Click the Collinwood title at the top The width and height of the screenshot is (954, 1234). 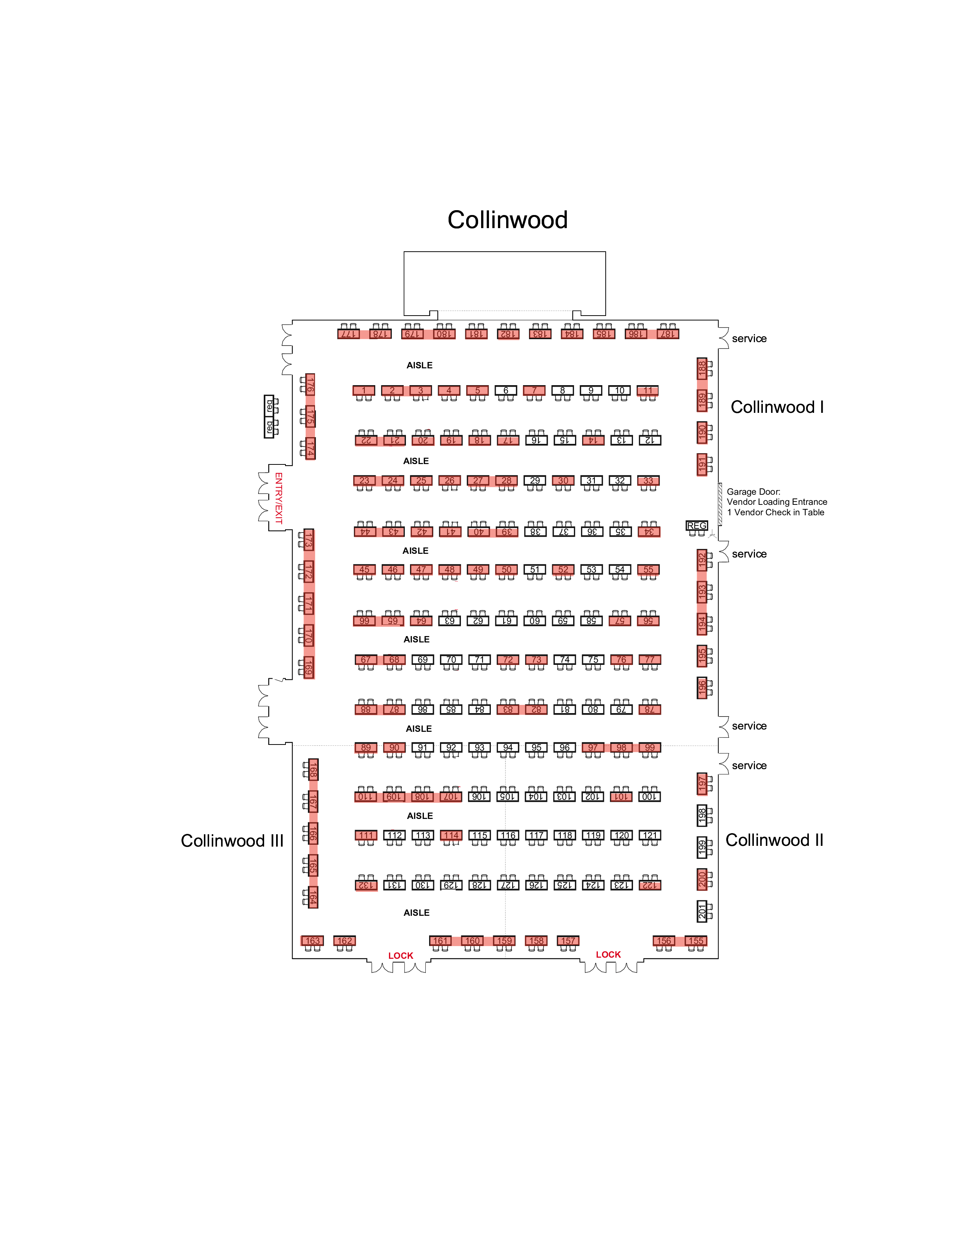[x=507, y=220]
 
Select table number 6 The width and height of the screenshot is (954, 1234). [x=505, y=390]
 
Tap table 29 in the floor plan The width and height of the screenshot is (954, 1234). [x=534, y=481]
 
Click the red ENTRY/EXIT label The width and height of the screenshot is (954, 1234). [x=278, y=498]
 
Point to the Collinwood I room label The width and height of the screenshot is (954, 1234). [x=777, y=407]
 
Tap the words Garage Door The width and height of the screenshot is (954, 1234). [x=753, y=492]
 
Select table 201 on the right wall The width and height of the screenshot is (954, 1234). [x=702, y=911]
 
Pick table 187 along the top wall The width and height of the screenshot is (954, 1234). [x=667, y=334]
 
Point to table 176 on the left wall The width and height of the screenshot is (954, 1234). [x=310, y=385]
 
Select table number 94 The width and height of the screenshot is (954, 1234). [x=508, y=748]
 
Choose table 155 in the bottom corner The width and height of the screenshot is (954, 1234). [x=696, y=941]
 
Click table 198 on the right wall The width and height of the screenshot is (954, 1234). [x=702, y=815]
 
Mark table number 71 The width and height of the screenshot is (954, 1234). [x=479, y=659]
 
